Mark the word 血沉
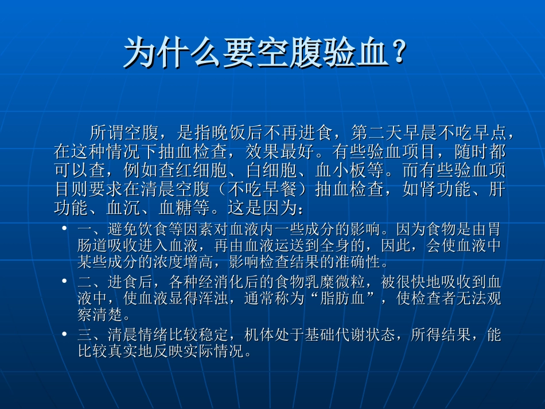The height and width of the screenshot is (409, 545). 131,208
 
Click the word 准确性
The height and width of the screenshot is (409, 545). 361,263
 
